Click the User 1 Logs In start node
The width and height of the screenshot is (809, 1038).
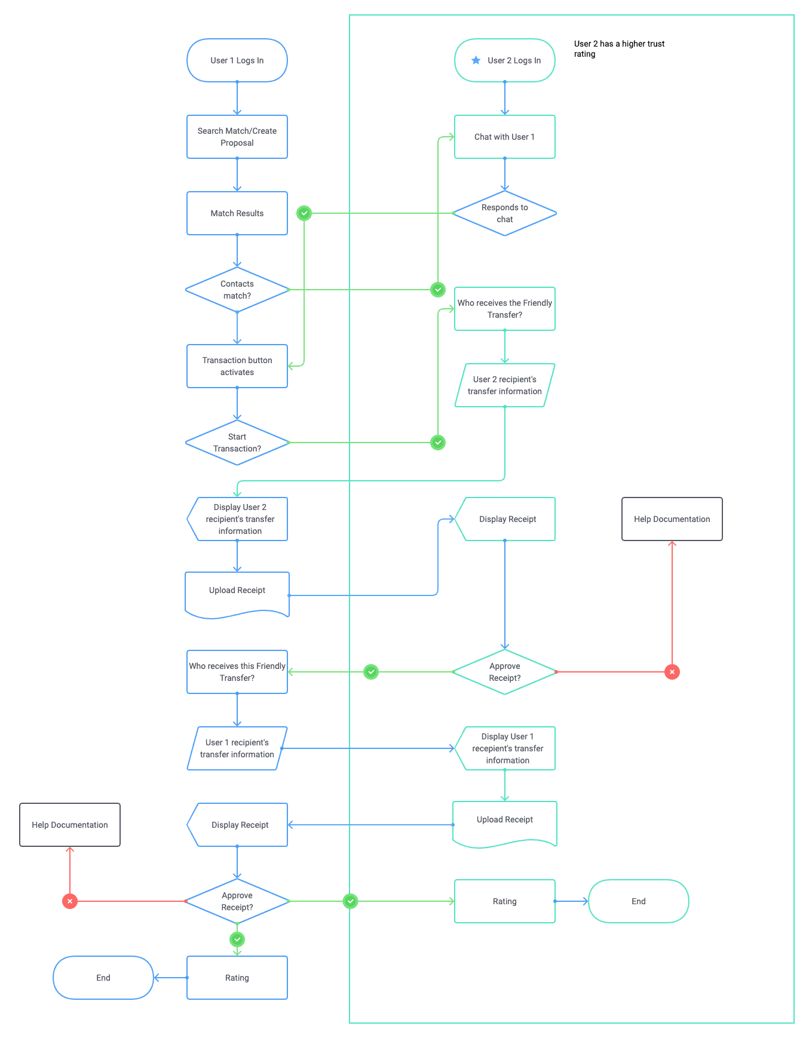pos(237,60)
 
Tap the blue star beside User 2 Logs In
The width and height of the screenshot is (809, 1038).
pos(476,60)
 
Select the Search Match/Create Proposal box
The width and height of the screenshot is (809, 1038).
pos(237,137)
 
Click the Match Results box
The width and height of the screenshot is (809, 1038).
pos(237,213)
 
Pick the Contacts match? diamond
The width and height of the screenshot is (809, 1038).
pos(237,290)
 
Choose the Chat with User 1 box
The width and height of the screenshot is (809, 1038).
pos(504,137)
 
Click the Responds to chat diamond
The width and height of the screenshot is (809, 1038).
pos(504,213)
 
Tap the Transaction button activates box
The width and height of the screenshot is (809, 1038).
pos(237,366)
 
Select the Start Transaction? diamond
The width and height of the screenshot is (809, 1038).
pos(237,443)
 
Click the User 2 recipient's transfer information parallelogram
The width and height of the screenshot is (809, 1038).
pos(504,385)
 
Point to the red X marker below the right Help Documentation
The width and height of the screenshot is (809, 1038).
pos(672,672)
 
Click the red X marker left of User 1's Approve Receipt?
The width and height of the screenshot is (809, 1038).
pos(70,901)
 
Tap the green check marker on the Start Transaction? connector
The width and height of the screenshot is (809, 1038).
pos(438,443)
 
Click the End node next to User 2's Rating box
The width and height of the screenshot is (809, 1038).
pos(638,901)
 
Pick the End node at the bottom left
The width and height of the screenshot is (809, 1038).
pos(103,978)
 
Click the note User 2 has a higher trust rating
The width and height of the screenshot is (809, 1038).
pos(619,48)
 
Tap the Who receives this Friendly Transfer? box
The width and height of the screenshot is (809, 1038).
pos(237,672)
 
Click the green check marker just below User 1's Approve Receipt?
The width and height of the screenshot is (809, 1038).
pos(237,939)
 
